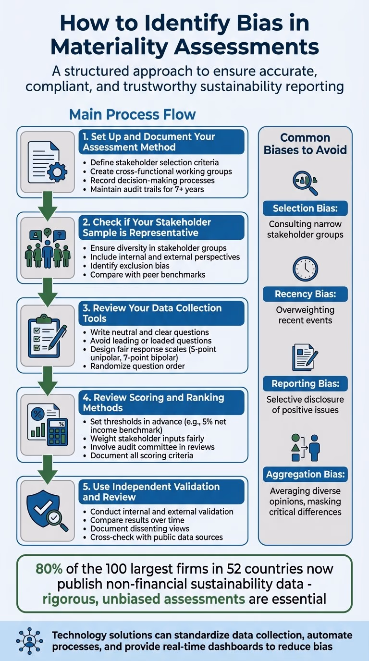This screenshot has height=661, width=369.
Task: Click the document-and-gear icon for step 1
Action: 48,162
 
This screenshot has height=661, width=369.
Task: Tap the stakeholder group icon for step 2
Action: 48,248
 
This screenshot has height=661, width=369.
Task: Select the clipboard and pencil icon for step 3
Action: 48,335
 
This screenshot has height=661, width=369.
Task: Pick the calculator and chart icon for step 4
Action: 48,421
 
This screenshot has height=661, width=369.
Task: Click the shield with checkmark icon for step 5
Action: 48,510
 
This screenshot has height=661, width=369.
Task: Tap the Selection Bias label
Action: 305,208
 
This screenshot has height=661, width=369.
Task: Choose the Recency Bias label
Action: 305,294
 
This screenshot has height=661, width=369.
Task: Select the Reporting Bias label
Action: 305,383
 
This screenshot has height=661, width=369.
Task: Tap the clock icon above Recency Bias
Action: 305,269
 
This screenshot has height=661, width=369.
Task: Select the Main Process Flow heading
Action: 132,114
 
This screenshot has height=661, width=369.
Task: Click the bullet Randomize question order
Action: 137,366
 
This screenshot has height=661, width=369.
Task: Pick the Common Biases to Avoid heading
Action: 305,143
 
